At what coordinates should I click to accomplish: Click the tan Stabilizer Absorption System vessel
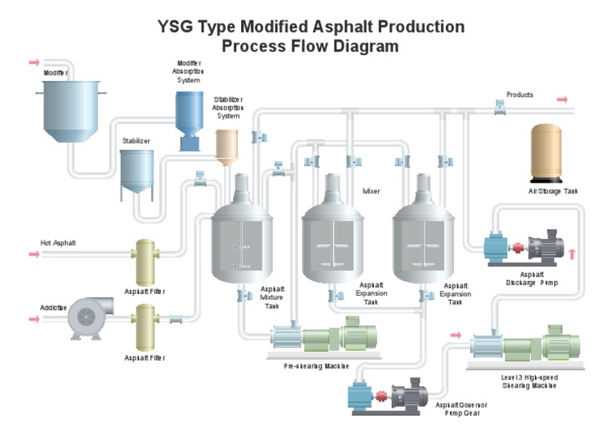pyautogui.click(x=227, y=145)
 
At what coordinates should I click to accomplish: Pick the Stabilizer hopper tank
pyautogui.click(x=137, y=173)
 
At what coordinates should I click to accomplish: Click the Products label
pyautogui.click(x=520, y=95)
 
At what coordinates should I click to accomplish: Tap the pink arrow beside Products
pyautogui.click(x=562, y=99)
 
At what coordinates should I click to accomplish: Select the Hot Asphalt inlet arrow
pyautogui.click(x=34, y=255)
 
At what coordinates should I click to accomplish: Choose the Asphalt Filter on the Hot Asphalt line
pyautogui.click(x=146, y=262)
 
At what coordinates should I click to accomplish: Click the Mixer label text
pyautogui.click(x=372, y=191)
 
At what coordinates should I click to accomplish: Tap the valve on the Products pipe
pyautogui.click(x=499, y=106)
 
